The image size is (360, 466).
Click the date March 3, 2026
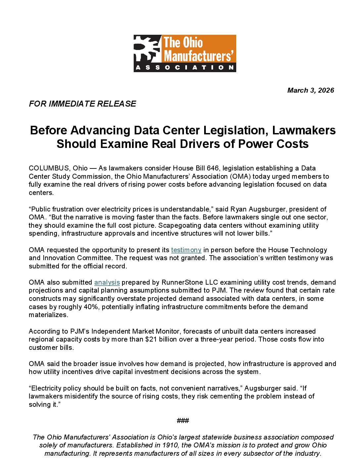pos(310,90)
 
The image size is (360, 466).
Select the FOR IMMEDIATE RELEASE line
pos(82,104)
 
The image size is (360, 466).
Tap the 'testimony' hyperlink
pos(186,250)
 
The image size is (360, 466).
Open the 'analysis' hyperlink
pos(107,282)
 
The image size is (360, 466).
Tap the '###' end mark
pos(183,421)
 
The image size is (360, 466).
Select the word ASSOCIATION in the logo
pos(185,68)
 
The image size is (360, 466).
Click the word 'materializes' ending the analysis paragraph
pos(48,315)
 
